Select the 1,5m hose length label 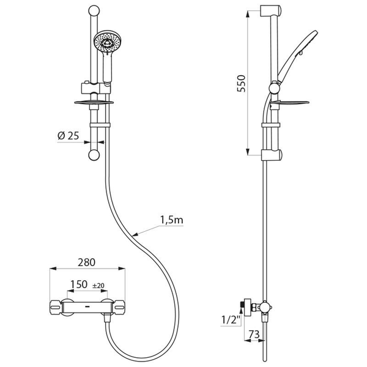pyautogui.click(x=171, y=220)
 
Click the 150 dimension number pyautogui.click(x=79, y=285)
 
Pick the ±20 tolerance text pyautogui.click(x=98, y=286)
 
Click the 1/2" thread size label pyautogui.click(x=231, y=318)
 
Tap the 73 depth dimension pyautogui.click(x=254, y=335)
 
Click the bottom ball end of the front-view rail pyautogui.click(x=94, y=155)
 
